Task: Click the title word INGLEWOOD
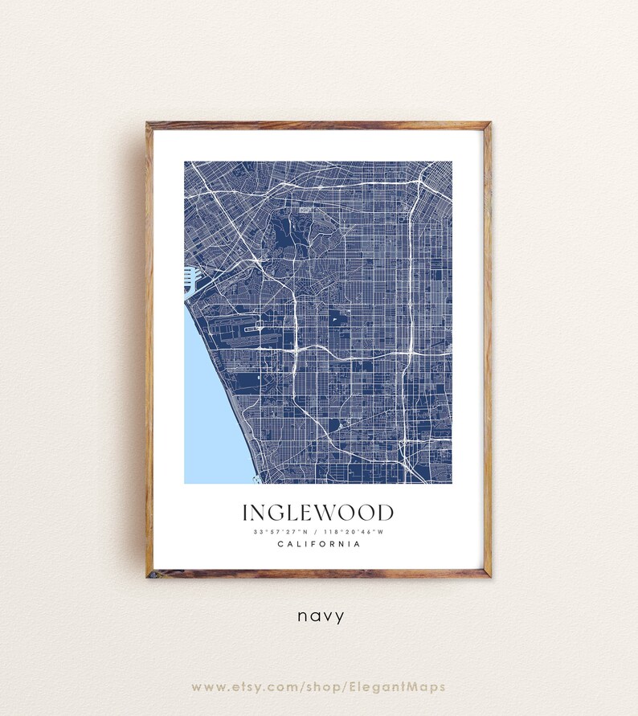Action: (x=318, y=513)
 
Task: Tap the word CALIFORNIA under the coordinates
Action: (x=318, y=544)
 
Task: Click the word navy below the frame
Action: (x=321, y=616)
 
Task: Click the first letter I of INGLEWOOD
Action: (x=245, y=513)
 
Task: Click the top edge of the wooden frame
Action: (x=318, y=125)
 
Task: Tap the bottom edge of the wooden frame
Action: (x=318, y=573)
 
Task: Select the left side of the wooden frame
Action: (x=149, y=350)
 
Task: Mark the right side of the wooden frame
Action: (x=487, y=350)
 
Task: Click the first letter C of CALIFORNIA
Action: (x=280, y=544)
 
